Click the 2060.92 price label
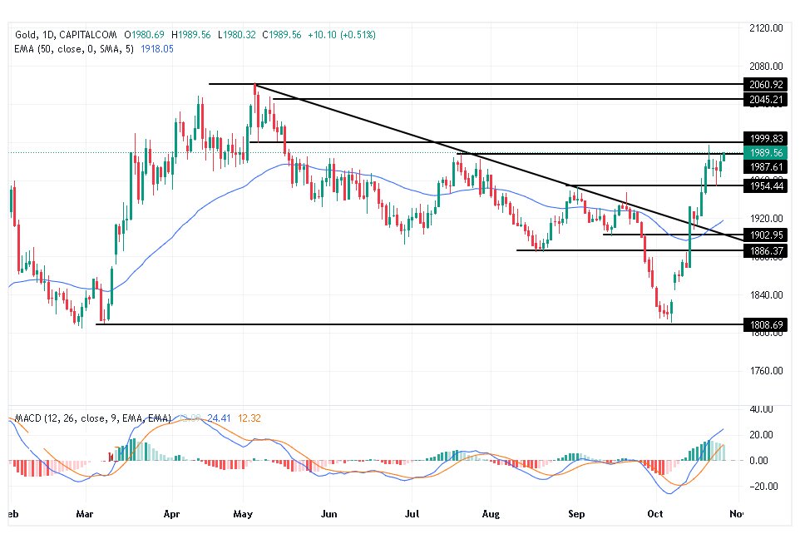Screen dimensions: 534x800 pos(766,84)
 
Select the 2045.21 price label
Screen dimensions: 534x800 pos(766,99)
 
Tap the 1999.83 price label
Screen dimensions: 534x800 pos(766,138)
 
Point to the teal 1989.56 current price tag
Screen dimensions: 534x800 pos(766,153)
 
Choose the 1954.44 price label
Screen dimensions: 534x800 pos(766,185)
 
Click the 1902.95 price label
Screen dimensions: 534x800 pos(766,235)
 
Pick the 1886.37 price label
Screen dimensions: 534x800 pos(766,250)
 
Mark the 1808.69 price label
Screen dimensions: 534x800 pos(766,324)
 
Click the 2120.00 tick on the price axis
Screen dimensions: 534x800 pos(766,28)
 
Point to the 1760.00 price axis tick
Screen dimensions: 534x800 pos(766,371)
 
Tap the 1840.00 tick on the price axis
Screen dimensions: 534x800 pos(766,294)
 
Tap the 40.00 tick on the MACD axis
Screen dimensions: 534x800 pos(762,408)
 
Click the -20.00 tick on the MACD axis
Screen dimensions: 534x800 pos(760,487)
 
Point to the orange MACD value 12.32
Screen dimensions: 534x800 pos(227,417)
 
